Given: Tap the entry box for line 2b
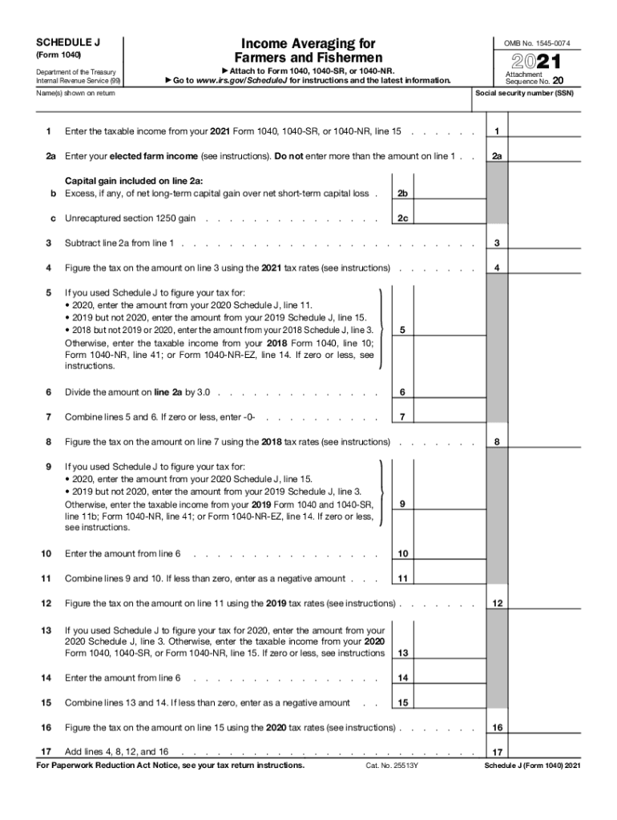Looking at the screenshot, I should (x=449, y=194).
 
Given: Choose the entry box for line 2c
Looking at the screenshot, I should (x=449, y=219).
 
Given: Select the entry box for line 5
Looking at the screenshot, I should (x=449, y=330).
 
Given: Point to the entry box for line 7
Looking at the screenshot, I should (x=449, y=417).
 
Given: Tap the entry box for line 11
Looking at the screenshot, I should (x=449, y=579).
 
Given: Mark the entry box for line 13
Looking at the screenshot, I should (x=449, y=653).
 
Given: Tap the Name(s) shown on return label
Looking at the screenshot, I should (x=75, y=93).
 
